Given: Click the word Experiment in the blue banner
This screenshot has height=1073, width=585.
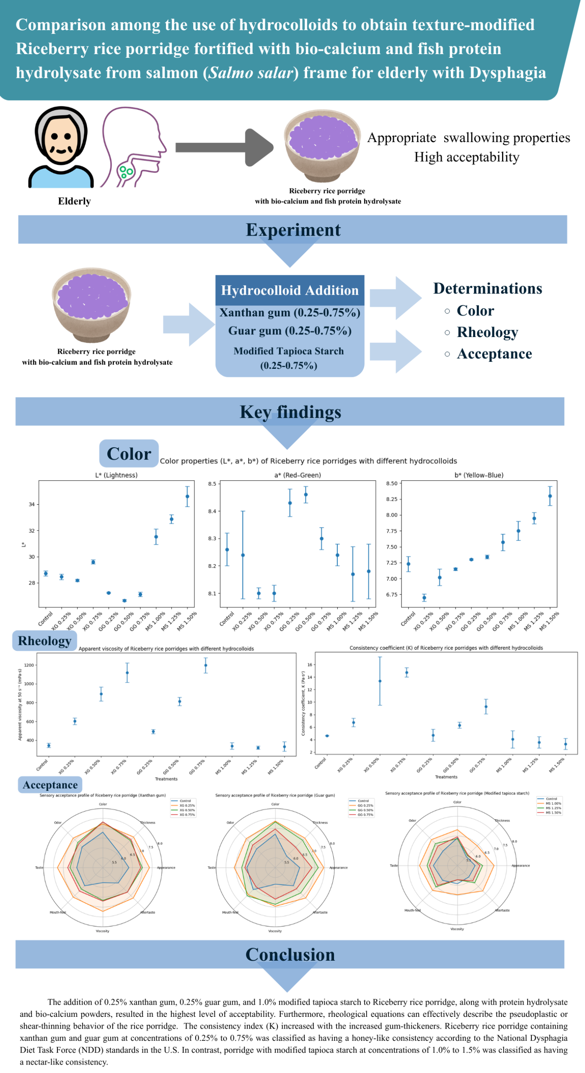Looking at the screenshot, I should click(293, 229).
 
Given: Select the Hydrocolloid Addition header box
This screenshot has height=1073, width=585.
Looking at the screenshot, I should click(290, 290).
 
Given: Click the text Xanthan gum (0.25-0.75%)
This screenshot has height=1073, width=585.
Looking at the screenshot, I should click(290, 312).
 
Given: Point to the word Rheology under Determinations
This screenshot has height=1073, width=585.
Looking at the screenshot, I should click(487, 332).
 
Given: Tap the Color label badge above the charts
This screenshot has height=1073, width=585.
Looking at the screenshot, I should click(129, 454).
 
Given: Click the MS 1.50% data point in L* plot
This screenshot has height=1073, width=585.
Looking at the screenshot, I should click(187, 496).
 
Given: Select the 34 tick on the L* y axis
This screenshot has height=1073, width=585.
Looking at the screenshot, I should click(31, 504).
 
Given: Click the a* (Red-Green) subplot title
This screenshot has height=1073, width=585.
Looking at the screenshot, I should click(298, 475).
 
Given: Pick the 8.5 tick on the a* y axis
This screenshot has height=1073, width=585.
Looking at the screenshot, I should click(212, 484).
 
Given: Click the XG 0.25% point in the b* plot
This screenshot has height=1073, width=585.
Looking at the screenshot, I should click(424, 598).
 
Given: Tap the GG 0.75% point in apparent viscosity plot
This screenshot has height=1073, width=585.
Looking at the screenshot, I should click(205, 665).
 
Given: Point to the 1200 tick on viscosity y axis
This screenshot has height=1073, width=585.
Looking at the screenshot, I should click(29, 665).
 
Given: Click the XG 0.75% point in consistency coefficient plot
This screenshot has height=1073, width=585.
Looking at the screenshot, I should click(406, 672).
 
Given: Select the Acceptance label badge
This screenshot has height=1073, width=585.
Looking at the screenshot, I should click(50, 785).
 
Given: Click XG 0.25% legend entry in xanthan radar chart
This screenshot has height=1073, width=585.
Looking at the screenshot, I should click(187, 805).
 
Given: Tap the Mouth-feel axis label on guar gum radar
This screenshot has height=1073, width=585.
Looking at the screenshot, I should click(230, 912).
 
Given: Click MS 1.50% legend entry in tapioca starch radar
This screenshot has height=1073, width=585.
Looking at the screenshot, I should click(553, 812).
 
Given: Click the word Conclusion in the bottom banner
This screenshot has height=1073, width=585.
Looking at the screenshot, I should click(290, 954).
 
